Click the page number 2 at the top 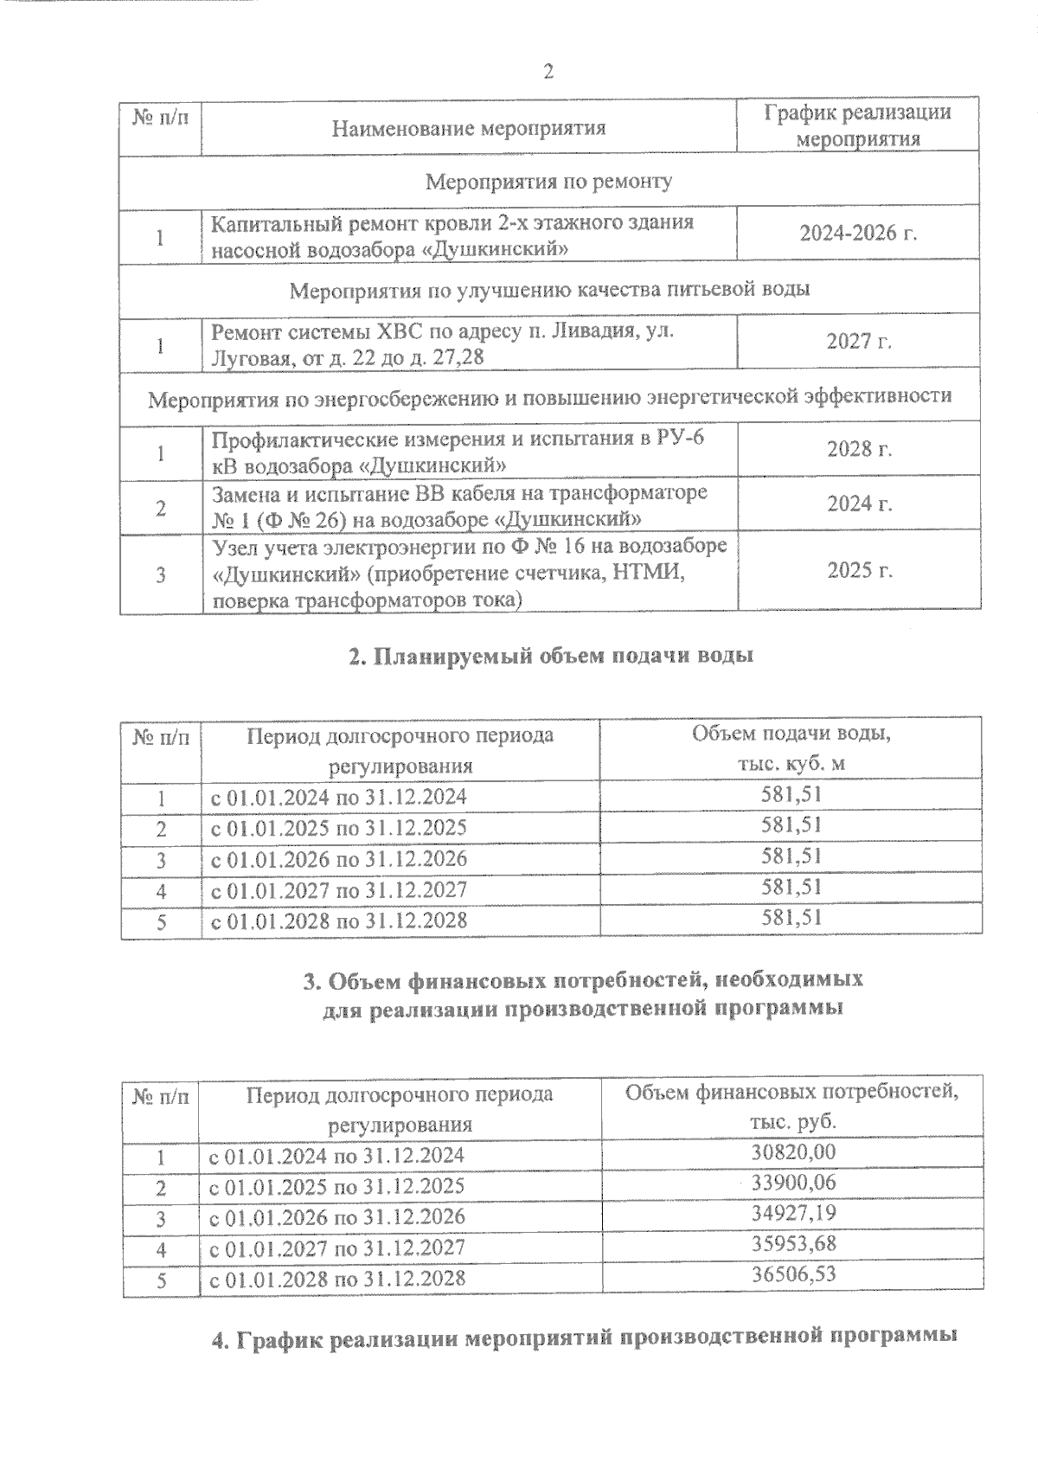pos(548,72)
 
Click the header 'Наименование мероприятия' pos(469,129)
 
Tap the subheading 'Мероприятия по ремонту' pos(549,182)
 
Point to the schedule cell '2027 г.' pos(858,341)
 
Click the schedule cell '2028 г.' pos(858,449)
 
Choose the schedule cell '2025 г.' pos(858,570)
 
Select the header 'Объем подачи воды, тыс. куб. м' pos(791,749)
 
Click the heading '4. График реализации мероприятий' pos(584,1337)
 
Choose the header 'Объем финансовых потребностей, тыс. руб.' pos(791,1107)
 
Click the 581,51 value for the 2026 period pos(791,856)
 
